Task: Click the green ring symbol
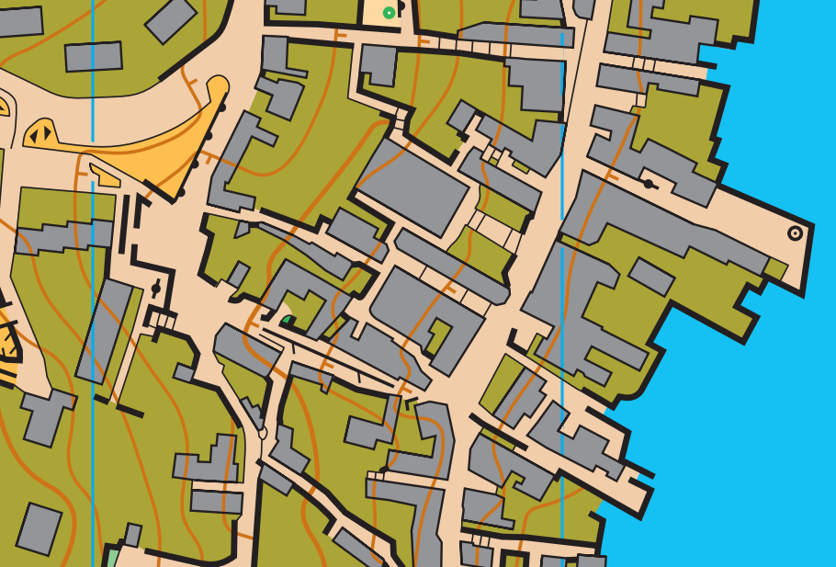(x=389, y=13)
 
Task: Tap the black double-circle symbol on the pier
(x=796, y=233)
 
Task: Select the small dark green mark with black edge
(x=288, y=321)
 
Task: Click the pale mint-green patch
(x=112, y=557)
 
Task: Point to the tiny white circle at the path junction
(x=262, y=432)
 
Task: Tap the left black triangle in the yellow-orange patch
(x=34, y=137)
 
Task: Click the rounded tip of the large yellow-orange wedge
(x=218, y=86)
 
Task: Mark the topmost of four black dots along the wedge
(x=221, y=108)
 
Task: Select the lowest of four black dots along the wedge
(x=181, y=192)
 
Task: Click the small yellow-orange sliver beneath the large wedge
(x=104, y=174)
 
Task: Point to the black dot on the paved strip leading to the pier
(x=649, y=184)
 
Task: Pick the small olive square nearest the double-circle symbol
(x=775, y=269)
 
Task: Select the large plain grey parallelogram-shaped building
(x=412, y=188)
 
